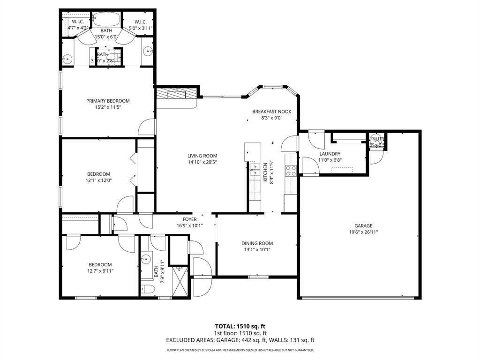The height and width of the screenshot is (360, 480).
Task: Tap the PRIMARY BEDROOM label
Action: [108, 101]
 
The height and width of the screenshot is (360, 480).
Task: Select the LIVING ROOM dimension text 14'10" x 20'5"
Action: [202, 162]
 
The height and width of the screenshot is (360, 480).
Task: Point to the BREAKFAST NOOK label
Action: [272, 112]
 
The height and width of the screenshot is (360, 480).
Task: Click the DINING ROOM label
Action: [257, 243]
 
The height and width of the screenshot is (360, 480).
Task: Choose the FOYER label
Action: [189, 219]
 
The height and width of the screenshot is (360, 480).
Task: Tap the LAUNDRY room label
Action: [330, 154]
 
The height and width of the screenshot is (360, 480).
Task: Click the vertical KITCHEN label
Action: [265, 172]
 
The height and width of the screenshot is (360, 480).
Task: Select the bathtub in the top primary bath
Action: [106, 20]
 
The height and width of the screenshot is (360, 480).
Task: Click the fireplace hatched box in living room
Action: [176, 94]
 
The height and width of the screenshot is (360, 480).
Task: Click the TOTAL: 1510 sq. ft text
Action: [240, 326]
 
